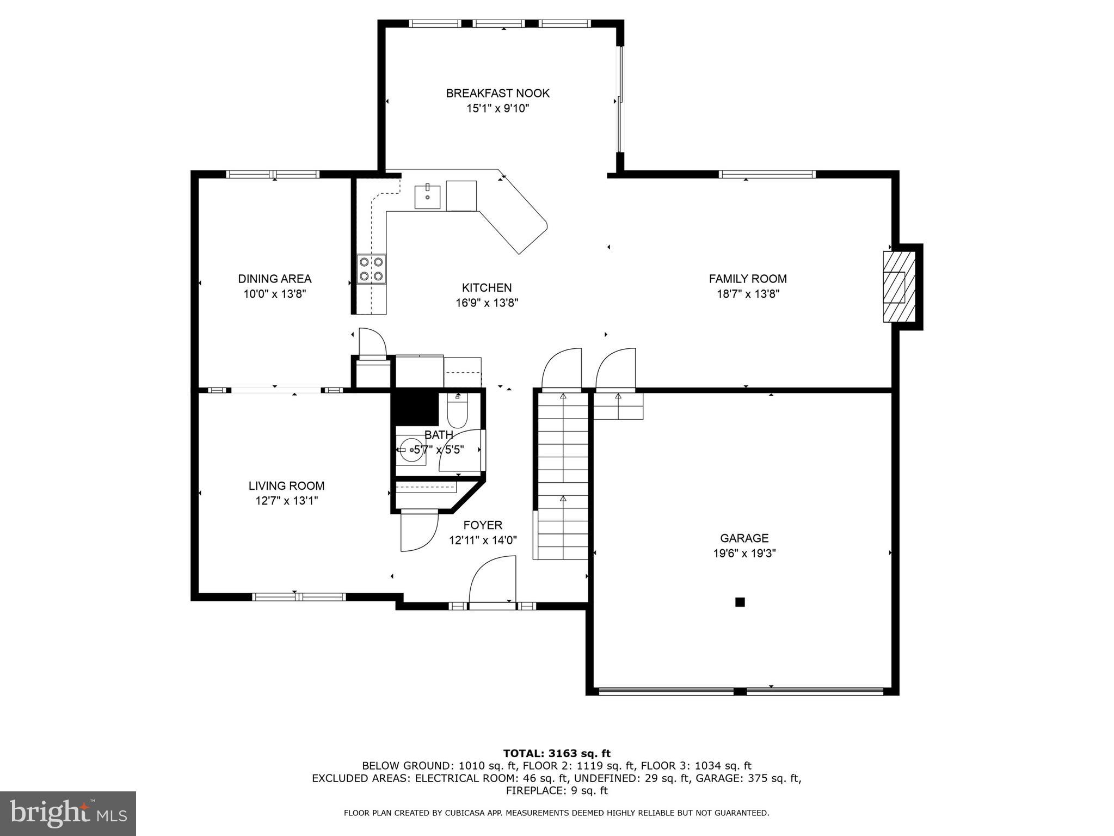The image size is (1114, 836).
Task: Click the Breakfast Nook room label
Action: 497,93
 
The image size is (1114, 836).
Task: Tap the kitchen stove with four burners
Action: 371,269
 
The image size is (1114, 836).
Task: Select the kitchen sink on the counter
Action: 428,196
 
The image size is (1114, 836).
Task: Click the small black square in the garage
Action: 740,602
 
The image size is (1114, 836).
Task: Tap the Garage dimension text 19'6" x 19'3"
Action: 744,554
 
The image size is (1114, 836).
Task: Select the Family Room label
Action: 747,279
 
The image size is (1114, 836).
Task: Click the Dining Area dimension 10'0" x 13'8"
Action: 275,294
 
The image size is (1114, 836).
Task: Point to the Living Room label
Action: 286,485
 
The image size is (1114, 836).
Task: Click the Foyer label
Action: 483,525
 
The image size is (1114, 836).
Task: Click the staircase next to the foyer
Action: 563,475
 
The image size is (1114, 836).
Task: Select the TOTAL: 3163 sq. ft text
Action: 557,753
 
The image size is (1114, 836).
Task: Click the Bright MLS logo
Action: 68,813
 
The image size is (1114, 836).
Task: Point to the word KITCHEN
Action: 487,287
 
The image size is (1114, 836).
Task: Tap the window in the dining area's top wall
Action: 273,174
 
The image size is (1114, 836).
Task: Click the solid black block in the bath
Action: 415,408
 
